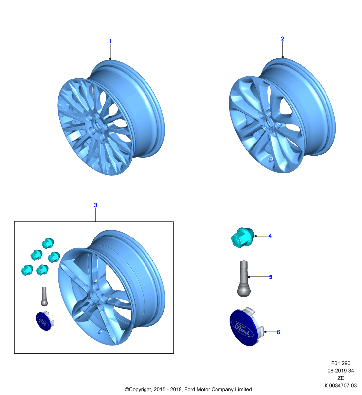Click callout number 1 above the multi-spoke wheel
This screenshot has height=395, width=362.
point(110,41)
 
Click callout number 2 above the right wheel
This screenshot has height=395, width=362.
point(282,39)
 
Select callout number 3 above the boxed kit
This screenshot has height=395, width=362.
point(95,205)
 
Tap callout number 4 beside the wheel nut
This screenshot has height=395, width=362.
point(270,236)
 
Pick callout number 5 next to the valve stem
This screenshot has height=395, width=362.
point(270,277)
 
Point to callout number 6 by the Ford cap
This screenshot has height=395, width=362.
point(279,332)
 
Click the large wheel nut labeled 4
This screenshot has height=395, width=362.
point(243,237)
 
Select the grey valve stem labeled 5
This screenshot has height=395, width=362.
point(244,278)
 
